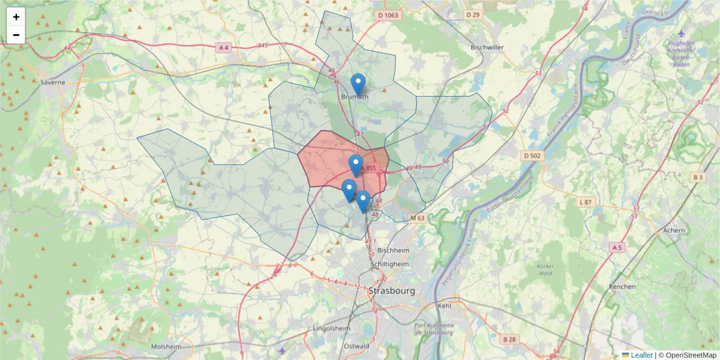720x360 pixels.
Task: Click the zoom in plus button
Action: (x=16, y=17)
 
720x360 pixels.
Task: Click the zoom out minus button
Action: (x=16, y=35)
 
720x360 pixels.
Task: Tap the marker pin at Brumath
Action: (x=358, y=84)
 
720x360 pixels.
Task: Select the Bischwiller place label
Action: (x=487, y=47)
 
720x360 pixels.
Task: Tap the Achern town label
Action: (x=674, y=230)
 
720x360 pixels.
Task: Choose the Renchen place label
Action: (x=622, y=286)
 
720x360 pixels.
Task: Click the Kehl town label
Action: (x=445, y=305)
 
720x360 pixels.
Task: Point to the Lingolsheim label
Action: (x=331, y=328)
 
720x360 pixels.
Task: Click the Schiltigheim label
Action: (x=391, y=264)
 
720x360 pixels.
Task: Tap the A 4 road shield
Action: (x=223, y=47)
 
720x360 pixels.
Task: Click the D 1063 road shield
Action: (x=388, y=15)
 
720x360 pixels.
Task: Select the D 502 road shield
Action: (x=532, y=156)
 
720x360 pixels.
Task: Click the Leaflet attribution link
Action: (x=641, y=355)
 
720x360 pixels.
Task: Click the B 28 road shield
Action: (x=509, y=340)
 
